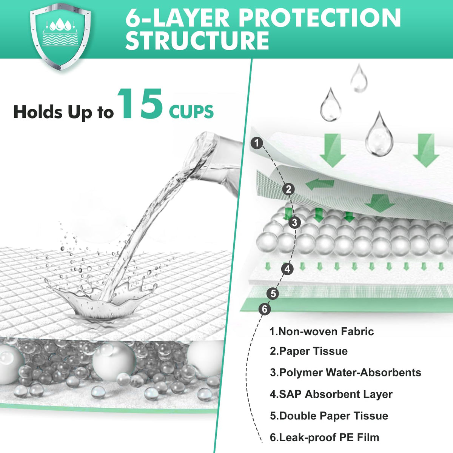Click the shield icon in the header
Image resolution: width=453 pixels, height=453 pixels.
point(60,37)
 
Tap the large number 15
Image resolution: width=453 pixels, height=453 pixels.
point(140,104)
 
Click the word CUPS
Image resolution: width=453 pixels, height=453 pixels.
point(191,112)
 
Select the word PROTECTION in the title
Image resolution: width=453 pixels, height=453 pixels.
point(320,18)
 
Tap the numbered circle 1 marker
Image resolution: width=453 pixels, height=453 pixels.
point(257,143)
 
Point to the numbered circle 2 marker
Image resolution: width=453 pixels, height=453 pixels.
point(289,189)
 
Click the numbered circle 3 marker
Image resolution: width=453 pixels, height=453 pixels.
point(294,222)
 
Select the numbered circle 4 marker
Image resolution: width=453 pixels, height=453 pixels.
point(287,269)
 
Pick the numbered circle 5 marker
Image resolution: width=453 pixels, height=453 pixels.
point(273,294)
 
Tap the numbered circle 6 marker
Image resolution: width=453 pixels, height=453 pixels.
point(265,309)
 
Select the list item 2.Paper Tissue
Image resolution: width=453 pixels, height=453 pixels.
point(309,351)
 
